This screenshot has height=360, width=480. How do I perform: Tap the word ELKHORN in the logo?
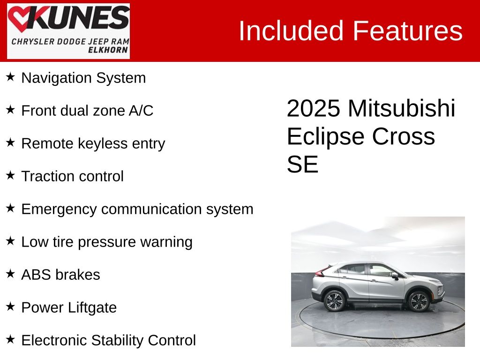[108, 50]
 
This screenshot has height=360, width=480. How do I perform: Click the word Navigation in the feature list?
[56, 78]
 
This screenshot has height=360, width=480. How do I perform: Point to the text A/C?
[141, 111]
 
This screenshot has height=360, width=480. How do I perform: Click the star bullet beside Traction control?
[10, 175]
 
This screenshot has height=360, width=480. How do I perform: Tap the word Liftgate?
[92, 307]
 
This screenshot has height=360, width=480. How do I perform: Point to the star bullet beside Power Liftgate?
[10, 307]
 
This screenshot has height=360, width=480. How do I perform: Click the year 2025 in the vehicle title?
[314, 108]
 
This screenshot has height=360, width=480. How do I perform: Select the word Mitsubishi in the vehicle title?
[402, 108]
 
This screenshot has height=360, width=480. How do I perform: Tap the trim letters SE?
[302, 165]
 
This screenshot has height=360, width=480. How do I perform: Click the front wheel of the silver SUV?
[419, 301]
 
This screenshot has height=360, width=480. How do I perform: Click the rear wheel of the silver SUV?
[334, 300]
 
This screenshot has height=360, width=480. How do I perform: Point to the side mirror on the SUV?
[395, 276]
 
